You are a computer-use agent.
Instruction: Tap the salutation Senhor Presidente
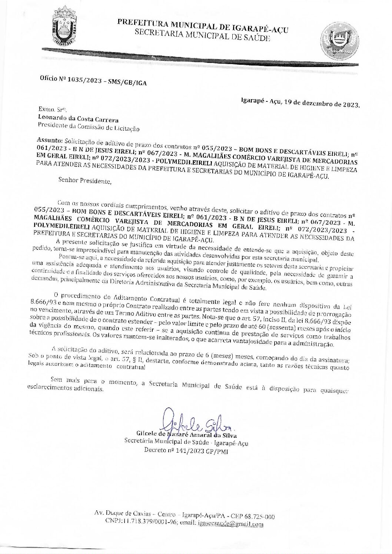(x=84, y=181)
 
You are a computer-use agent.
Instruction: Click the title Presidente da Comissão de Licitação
(x=89, y=127)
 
